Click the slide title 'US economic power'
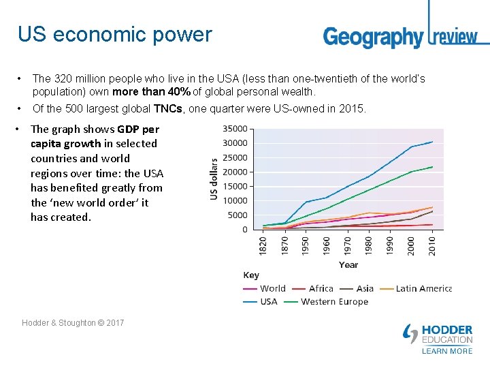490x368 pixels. [x=114, y=34]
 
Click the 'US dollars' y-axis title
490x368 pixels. [x=214, y=179]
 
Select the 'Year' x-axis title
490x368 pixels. [x=348, y=264]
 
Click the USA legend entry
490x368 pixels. [x=261, y=301]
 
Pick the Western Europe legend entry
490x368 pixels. [x=325, y=301]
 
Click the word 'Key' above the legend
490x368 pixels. [x=251, y=275]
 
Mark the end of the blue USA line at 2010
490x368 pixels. [x=433, y=142]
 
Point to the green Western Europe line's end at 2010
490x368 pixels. [x=433, y=167]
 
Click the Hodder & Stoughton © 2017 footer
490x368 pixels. [x=73, y=322]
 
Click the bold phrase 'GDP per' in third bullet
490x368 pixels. [x=138, y=129]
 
